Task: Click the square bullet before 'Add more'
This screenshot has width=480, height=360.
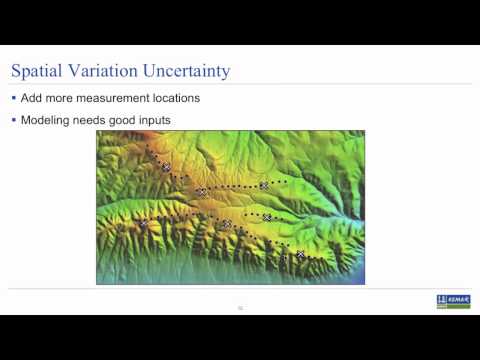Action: [x=13, y=98]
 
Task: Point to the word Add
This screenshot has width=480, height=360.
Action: [x=32, y=98]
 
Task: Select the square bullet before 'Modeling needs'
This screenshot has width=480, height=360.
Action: [x=13, y=121]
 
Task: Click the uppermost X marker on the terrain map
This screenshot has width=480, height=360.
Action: [x=166, y=168]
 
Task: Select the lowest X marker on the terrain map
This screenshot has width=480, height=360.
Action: [x=300, y=255]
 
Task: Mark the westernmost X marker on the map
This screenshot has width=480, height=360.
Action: [x=142, y=224]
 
